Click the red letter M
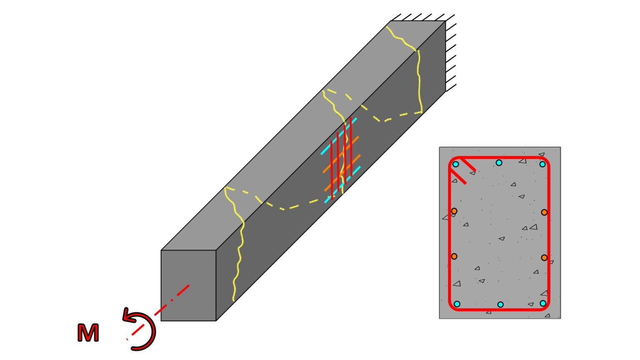pos(88,333)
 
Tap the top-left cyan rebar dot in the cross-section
pos(456,164)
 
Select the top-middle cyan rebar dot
pos(499,162)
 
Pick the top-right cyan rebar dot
pos(542,164)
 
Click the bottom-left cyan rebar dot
pos(457,304)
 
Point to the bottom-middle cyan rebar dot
pos(500,305)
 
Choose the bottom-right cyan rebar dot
pos(543,303)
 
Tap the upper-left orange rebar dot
pos(454,211)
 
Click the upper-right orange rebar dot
pos(544,212)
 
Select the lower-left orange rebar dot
pos(454,256)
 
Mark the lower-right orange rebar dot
pos(544,258)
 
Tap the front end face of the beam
pos(188,285)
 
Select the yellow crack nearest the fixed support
pos(419,79)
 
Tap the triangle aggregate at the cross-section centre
pos(502,239)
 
